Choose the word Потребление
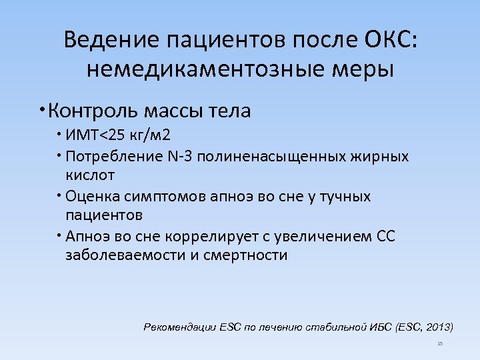click(x=109, y=157)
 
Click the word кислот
click(x=90, y=175)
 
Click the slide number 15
click(x=440, y=344)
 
